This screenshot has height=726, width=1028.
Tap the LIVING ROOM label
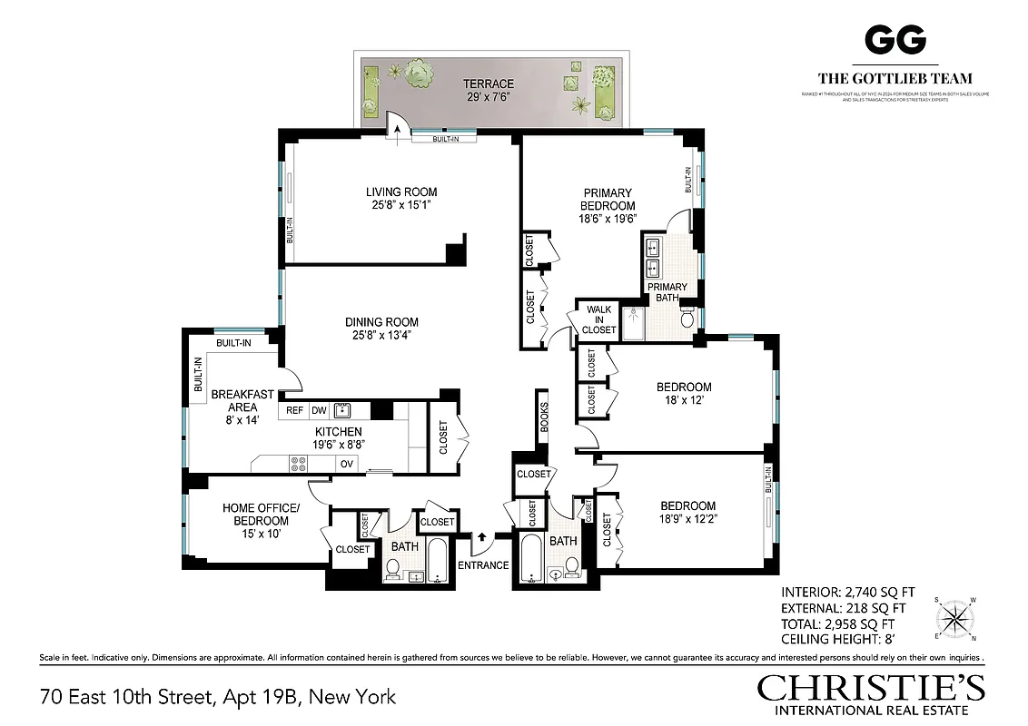401,191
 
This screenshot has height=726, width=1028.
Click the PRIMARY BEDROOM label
608,199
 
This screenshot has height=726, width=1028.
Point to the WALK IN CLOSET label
599,319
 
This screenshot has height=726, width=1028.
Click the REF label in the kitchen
295,410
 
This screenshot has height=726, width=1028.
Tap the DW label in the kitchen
319,410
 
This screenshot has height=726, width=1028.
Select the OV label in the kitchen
346,463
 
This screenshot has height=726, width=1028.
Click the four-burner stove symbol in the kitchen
298,464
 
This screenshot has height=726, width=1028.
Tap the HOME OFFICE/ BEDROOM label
255,515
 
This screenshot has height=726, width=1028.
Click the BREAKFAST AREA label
242,400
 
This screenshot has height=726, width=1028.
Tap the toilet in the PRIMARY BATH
687,319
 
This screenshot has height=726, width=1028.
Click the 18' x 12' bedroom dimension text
684,402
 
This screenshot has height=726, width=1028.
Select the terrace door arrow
396,133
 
